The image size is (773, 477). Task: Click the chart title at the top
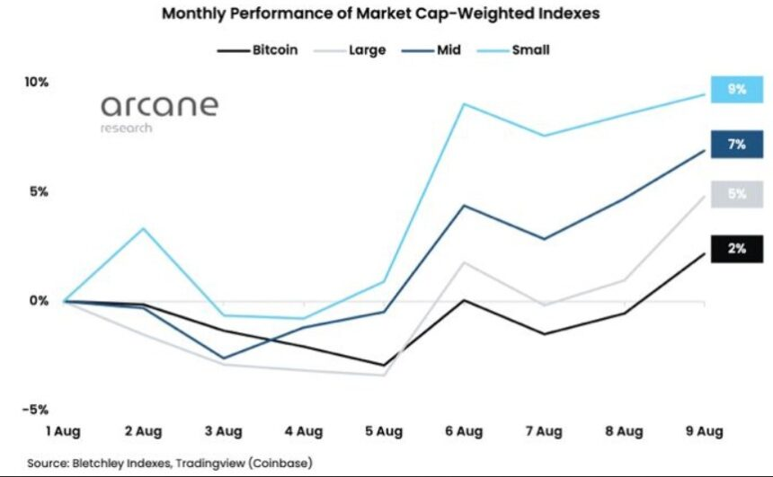[x=380, y=14]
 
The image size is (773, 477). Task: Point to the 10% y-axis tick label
[x=36, y=83]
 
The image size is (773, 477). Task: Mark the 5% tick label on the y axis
[x=36, y=192]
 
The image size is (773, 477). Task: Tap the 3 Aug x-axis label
[x=224, y=431]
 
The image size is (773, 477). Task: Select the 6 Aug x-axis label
[x=464, y=431]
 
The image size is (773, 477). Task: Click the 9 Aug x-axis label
[x=703, y=431]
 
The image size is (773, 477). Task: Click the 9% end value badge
[x=737, y=90]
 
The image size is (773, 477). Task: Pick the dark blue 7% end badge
[x=737, y=145]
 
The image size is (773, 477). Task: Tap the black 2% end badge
[x=737, y=249]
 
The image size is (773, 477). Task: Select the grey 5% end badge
[x=737, y=194]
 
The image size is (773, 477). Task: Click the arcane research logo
[x=159, y=111]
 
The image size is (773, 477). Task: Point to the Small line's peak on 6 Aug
[x=464, y=104]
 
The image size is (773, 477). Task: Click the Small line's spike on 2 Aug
[x=143, y=228]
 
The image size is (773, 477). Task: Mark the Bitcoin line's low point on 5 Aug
[x=384, y=366]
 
